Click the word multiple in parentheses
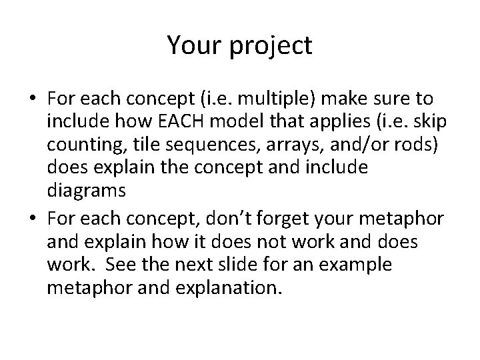coord(265,100)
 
